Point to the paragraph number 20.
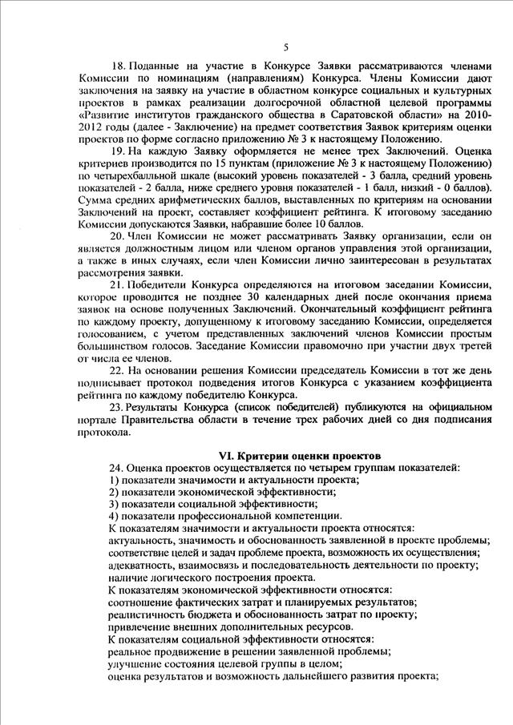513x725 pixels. pyautogui.click(x=117, y=236)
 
